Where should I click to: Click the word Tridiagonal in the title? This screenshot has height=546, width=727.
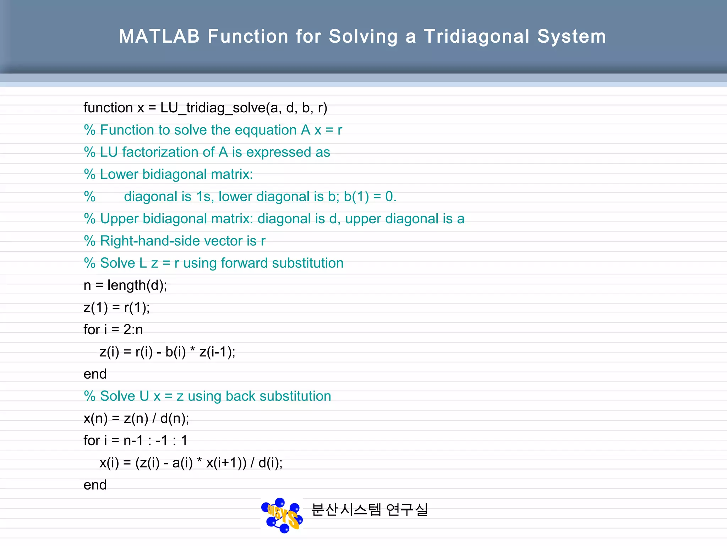point(476,37)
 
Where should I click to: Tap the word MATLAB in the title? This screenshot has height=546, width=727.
point(159,37)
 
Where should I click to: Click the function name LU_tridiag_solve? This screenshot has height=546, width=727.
point(213,108)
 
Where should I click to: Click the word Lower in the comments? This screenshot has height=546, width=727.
point(119,175)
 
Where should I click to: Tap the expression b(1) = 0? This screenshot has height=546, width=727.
point(370,197)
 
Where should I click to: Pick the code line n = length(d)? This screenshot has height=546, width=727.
point(125,285)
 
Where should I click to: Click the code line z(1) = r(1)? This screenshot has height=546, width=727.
point(116,307)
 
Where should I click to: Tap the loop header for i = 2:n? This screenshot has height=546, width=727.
point(113,330)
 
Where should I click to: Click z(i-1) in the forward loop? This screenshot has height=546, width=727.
point(217,352)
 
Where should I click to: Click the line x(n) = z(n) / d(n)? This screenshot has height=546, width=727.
point(136,418)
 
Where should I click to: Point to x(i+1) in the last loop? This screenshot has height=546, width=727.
point(226,463)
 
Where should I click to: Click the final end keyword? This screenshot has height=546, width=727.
point(95,485)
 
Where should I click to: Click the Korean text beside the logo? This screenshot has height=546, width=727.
point(369,510)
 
